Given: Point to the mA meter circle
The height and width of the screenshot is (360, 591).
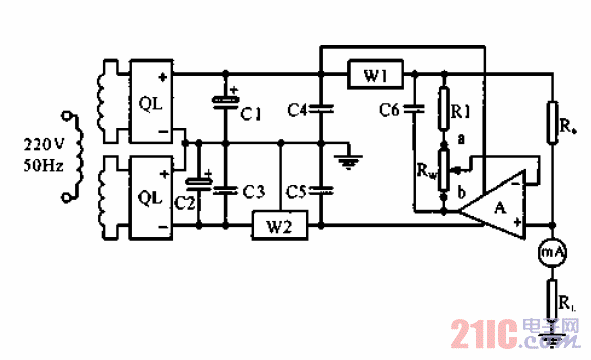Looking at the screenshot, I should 553,254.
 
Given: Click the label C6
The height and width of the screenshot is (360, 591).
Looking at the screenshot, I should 392,109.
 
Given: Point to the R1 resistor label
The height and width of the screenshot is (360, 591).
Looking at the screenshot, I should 461,110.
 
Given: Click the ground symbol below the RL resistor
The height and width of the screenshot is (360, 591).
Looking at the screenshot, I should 553,339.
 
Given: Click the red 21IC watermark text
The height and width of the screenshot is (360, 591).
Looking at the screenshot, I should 481,332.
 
